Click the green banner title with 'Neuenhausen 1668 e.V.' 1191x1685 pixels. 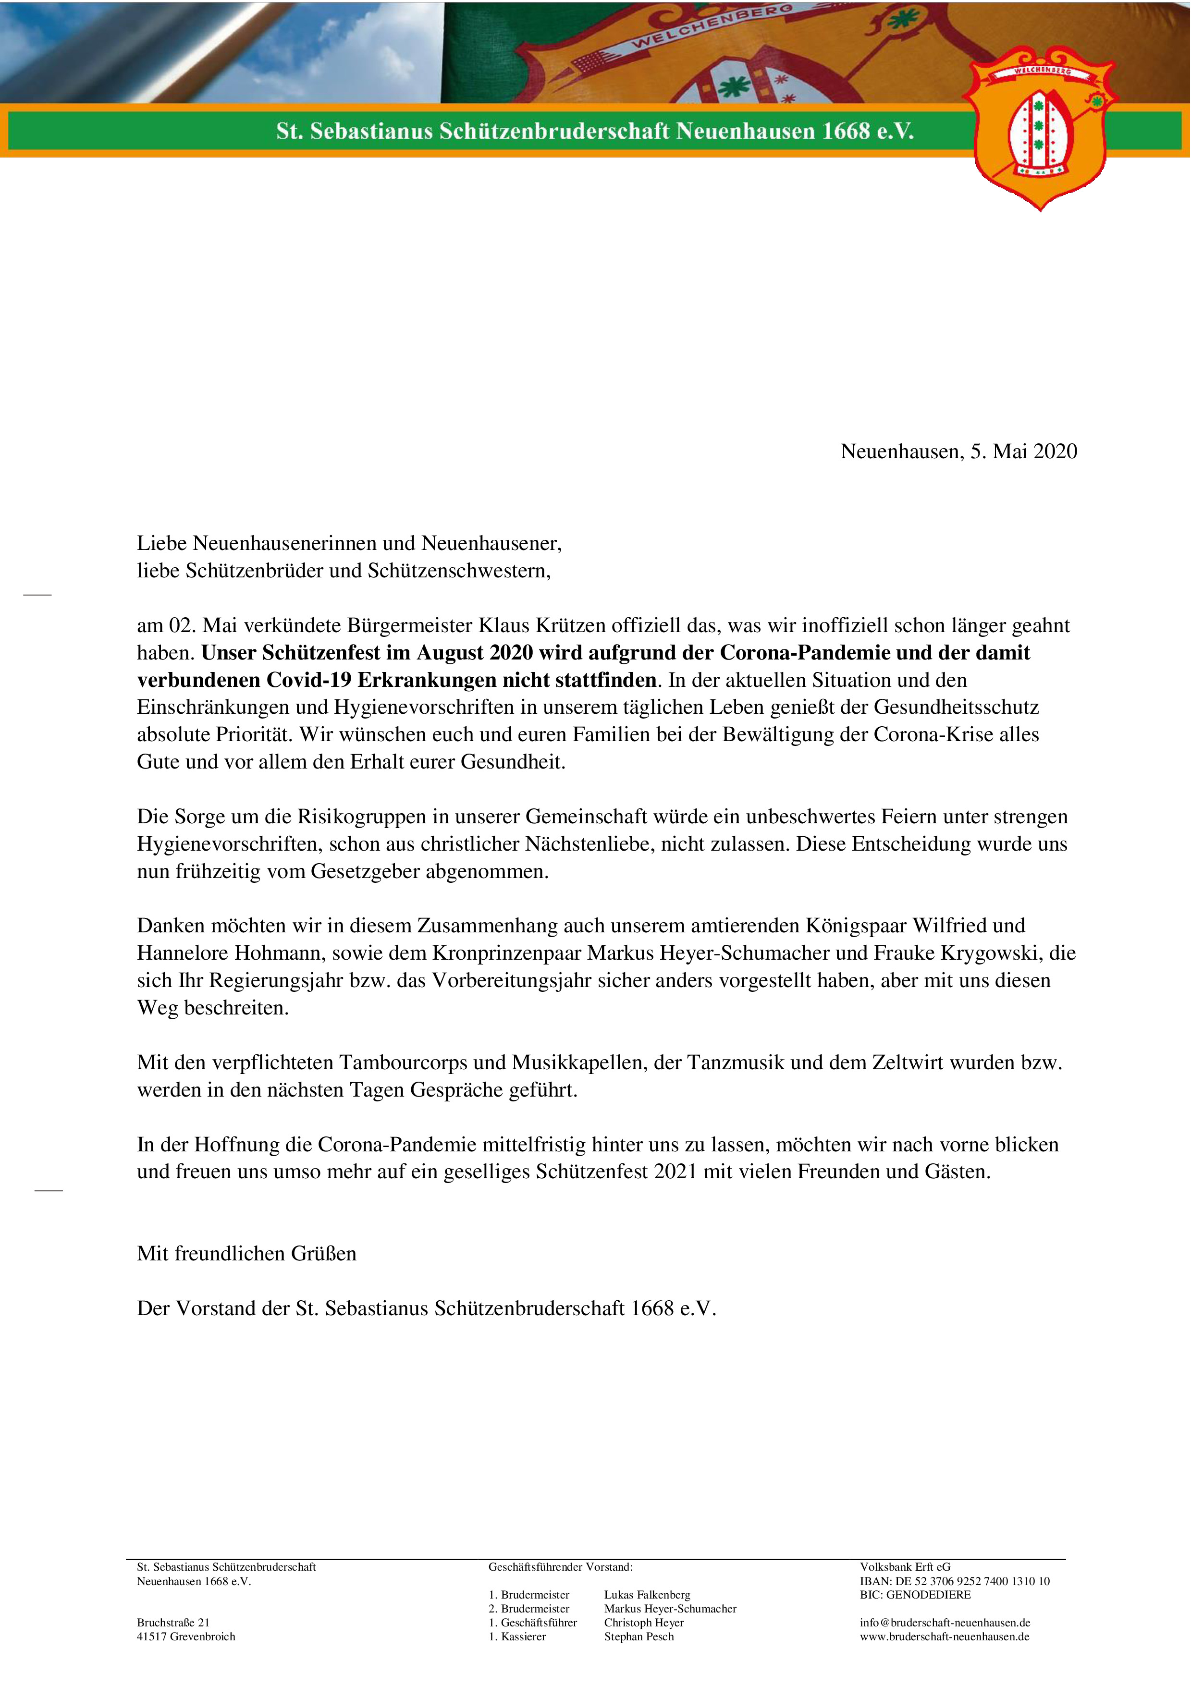click(x=594, y=131)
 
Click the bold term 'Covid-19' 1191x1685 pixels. click(x=309, y=680)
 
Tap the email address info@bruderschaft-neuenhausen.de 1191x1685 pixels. click(x=945, y=1623)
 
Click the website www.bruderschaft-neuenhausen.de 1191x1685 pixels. click(x=945, y=1636)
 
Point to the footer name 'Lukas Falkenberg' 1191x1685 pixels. click(x=647, y=1595)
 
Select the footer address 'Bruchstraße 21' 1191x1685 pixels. click(x=173, y=1623)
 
